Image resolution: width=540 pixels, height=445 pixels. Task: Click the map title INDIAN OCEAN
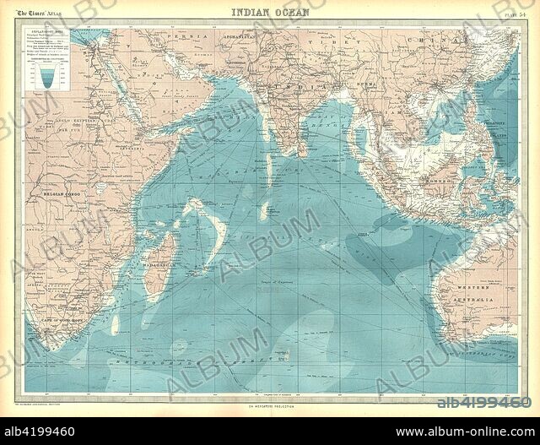270,12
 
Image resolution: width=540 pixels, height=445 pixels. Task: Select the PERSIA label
179,38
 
